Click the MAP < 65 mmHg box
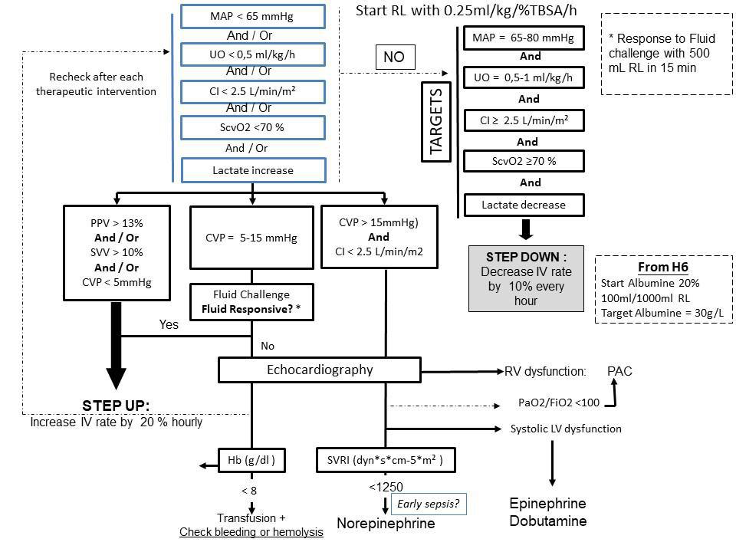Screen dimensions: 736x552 coord(252,16)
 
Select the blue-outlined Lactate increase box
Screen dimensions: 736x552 coord(254,170)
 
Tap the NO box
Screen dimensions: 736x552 coord(395,57)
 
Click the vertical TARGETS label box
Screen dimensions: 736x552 coord(436,122)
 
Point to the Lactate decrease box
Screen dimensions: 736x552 coord(524,205)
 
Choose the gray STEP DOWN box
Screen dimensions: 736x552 coord(526,278)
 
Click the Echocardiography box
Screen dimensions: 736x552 coord(320,370)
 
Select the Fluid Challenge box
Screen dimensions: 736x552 coord(251,302)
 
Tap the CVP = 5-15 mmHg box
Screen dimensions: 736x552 coord(251,238)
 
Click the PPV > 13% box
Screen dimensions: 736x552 coord(117,252)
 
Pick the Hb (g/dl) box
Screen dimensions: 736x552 coord(251,460)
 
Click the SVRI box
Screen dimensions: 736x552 coord(386,460)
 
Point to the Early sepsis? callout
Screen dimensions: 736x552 coord(429,504)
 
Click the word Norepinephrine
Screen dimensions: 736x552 coord(386,524)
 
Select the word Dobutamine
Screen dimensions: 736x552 coord(547,521)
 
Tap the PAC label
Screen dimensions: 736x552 coord(619,371)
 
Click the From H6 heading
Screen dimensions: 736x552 coord(662,267)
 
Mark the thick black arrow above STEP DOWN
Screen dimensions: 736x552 coord(526,229)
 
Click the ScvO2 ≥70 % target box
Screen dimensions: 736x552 coord(524,161)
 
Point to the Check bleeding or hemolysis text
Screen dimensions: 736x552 coord(251,532)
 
